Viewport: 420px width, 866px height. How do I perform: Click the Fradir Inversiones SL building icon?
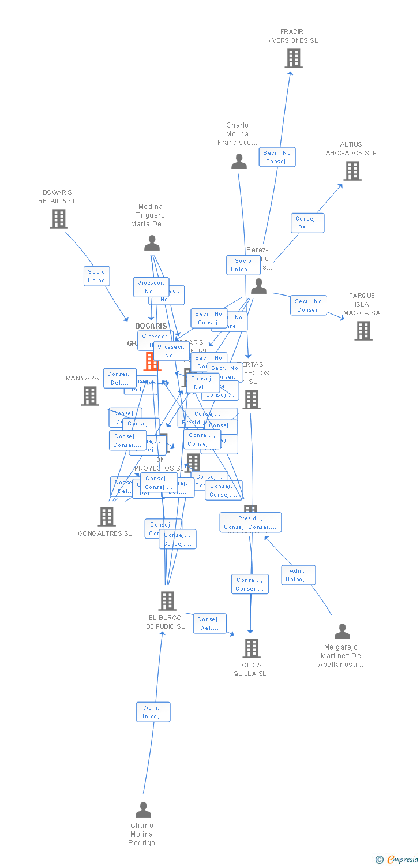(x=294, y=58)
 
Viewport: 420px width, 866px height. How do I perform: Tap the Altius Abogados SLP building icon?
(x=352, y=171)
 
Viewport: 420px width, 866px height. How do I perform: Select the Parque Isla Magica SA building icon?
(x=363, y=331)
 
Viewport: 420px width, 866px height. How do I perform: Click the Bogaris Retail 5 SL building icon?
(x=58, y=219)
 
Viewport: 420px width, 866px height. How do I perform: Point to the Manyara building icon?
(x=90, y=396)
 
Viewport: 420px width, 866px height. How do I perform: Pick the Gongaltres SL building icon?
(x=107, y=517)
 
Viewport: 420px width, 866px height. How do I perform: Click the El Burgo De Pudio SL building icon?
(x=167, y=601)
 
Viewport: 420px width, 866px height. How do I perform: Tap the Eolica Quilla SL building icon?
(x=251, y=648)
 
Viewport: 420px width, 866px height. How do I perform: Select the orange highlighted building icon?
(x=152, y=362)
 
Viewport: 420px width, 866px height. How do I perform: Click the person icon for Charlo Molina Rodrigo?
(x=143, y=810)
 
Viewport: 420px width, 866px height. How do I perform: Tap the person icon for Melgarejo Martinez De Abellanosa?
(x=342, y=632)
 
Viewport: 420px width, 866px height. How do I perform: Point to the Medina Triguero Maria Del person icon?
(x=152, y=243)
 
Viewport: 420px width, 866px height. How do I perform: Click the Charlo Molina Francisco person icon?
(x=239, y=162)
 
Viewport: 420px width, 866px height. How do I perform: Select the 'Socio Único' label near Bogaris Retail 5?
(x=96, y=276)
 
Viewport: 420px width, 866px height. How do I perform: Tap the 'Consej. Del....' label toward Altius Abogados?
(x=307, y=223)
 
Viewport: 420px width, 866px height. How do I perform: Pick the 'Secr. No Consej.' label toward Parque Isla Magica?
(x=309, y=305)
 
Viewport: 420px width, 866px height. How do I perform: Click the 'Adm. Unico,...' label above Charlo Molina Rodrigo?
(x=153, y=712)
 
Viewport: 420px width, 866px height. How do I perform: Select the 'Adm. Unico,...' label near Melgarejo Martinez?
(x=298, y=575)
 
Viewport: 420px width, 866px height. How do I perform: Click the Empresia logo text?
(x=403, y=860)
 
